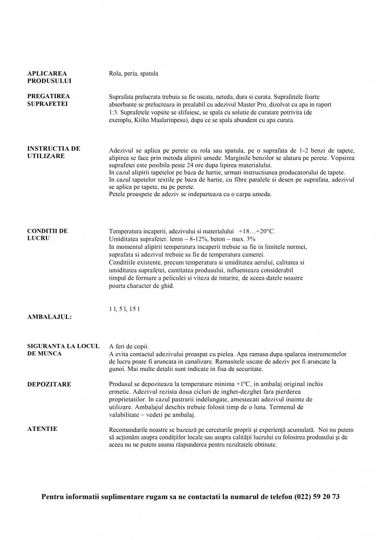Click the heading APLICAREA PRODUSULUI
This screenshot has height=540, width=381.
[x=49, y=77]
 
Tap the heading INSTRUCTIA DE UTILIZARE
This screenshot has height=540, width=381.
[x=53, y=152]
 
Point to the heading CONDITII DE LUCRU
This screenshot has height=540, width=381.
[x=47, y=234]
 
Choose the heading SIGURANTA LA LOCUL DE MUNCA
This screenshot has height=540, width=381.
[x=59, y=349]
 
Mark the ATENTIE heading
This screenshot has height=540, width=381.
[x=42, y=428]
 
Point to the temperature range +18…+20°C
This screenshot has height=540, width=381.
[x=256, y=231]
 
